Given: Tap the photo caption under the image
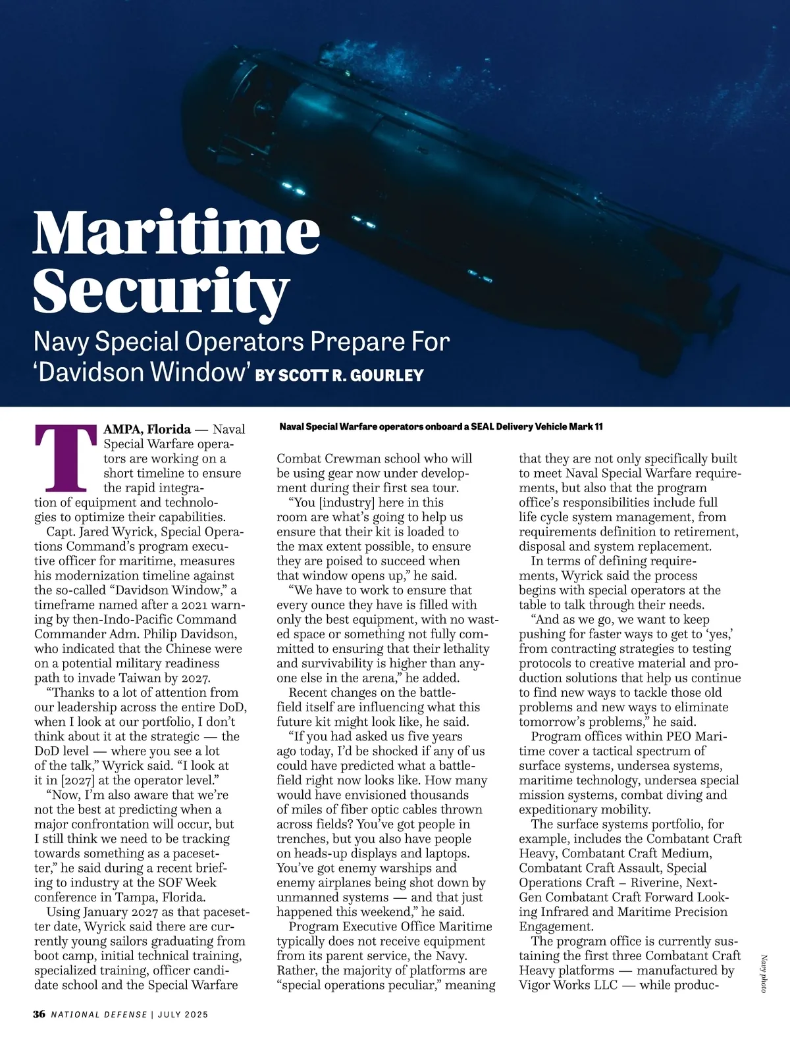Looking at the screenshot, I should point(440,427).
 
